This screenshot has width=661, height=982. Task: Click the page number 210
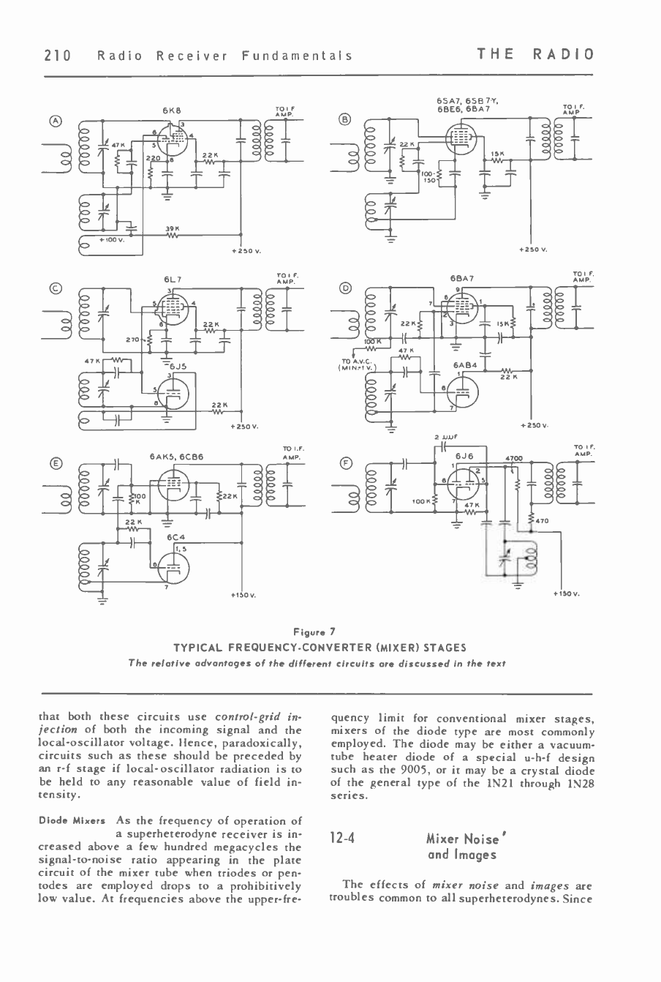click(x=56, y=55)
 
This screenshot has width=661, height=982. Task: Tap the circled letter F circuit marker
click(x=346, y=462)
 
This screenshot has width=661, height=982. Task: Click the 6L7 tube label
click(x=173, y=279)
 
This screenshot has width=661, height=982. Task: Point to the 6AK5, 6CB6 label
click(x=176, y=456)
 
